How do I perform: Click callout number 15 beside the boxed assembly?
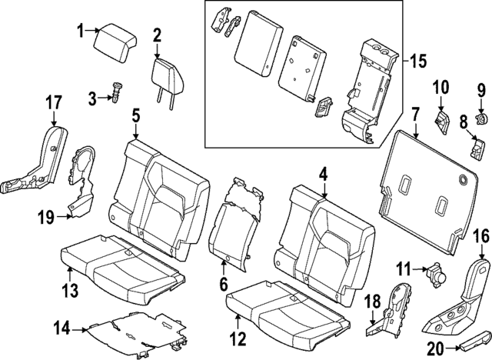coord(417,60)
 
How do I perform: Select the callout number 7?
coord(415,115)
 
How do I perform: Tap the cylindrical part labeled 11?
coord(437,271)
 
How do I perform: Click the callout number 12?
coord(240,337)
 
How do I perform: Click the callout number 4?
coord(324,175)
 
